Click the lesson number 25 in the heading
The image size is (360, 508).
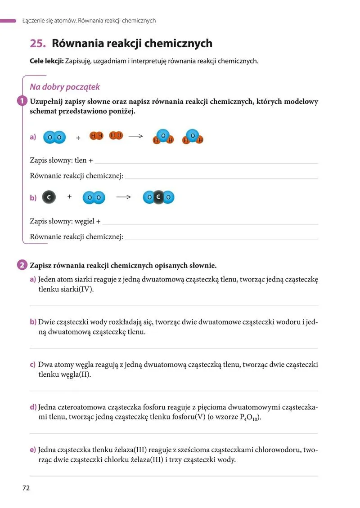tap(37, 44)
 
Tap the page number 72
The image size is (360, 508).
tap(26, 488)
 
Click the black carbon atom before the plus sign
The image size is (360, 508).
tap(49, 197)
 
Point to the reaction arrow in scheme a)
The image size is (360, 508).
tap(135, 136)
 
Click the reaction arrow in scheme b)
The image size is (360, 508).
tap(123, 197)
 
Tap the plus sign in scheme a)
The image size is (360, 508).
tap(78, 138)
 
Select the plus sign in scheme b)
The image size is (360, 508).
tap(69, 196)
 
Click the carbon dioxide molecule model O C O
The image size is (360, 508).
tap(158, 197)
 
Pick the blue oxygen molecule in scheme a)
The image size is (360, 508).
tap(54, 137)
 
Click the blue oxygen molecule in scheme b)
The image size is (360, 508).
tap(94, 197)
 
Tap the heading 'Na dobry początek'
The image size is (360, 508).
tap(65, 87)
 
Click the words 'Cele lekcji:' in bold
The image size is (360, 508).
tap(46, 61)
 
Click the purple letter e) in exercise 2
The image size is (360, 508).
tap(33, 450)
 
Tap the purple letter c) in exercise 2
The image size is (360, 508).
tap(32, 365)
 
